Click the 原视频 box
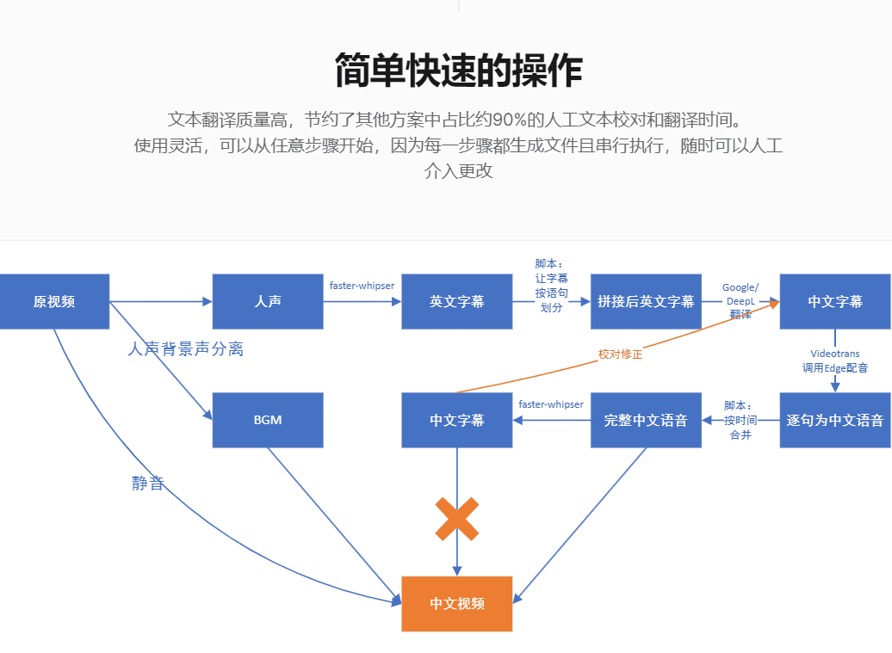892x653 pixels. click(x=54, y=302)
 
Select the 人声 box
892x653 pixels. click(x=268, y=302)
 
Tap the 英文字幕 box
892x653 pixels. click(x=456, y=302)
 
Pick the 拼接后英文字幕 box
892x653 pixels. click(x=646, y=302)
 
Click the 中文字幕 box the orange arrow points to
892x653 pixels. click(x=835, y=302)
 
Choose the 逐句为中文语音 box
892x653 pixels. click(x=835, y=421)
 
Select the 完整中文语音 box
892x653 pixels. click(x=646, y=421)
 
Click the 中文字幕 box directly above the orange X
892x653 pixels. click(x=456, y=421)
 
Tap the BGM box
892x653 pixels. click(x=268, y=421)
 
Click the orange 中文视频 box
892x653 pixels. click(x=456, y=604)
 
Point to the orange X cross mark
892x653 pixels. click(x=456, y=519)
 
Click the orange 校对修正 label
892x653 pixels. click(x=620, y=354)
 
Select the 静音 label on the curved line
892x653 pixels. click(x=147, y=484)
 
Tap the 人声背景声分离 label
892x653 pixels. click(x=185, y=349)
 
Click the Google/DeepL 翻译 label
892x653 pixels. click(x=740, y=300)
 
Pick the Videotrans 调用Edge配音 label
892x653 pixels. click(x=834, y=360)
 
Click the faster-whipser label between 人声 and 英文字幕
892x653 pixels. click(x=362, y=285)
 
